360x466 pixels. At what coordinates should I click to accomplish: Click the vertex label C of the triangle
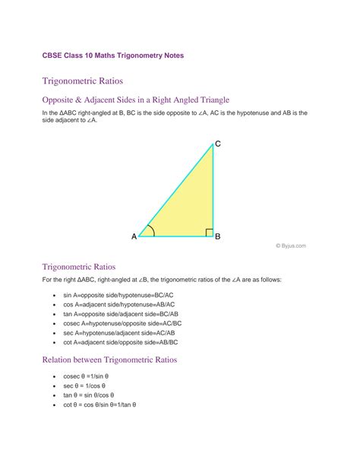click(x=218, y=144)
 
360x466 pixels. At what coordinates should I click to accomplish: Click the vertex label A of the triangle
click(x=134, y=236)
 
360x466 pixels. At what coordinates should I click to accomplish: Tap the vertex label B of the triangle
click(x=217, y=236)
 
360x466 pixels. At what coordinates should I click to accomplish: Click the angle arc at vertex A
click(x=151, y=230)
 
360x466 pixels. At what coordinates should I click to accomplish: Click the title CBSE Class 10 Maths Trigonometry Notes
click(x=112, y=55)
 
